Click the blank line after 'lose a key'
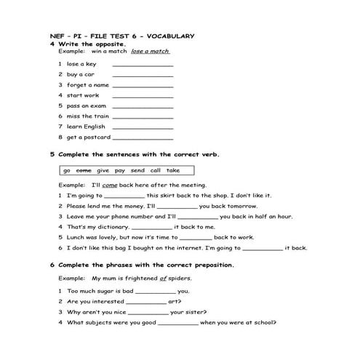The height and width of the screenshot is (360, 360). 143,65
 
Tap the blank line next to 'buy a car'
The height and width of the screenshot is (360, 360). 143,75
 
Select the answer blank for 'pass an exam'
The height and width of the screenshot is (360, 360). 143,106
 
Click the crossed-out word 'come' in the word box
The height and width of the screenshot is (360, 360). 84,170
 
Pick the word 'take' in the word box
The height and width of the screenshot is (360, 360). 173,170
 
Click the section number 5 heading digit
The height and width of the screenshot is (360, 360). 52,154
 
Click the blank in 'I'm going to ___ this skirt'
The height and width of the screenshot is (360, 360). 124,196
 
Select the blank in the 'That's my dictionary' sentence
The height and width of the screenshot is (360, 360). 152,227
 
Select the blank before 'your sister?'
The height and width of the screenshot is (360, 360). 148,312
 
